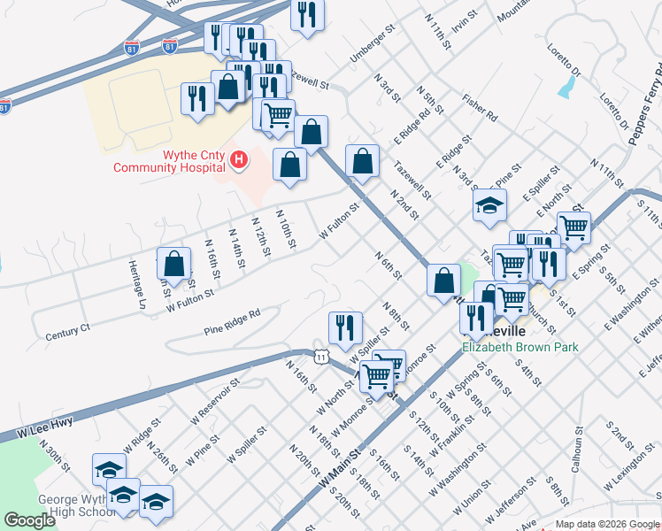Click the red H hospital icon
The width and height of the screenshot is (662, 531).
(x=237, y=160)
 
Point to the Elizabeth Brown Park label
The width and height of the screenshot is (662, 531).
(x=520, y=347)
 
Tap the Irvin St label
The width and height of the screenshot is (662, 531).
(x=465, y=21)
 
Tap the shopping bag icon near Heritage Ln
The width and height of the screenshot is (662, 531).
(x=173, y=264)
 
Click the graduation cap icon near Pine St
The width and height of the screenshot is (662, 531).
(x=488, y=207)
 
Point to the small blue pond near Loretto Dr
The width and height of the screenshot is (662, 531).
(x=565, y=87)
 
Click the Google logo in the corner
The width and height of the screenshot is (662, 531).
(x=30, y=520)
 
